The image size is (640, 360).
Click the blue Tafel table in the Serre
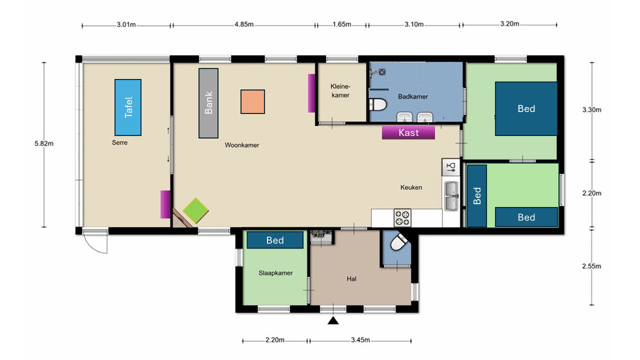[x=128, y=107]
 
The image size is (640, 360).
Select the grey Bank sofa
[x=208, y=103]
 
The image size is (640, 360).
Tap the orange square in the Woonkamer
[x=252, y=101]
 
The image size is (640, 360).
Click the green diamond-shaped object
[x=195, y=210]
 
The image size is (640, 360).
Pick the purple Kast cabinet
[x=408, y=132]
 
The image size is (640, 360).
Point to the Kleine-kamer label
[x=340, y=90]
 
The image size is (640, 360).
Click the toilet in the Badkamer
[x=377, y=104]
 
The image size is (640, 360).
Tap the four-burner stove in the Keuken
[x=402, y=217]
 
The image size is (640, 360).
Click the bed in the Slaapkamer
[x=275, y=240]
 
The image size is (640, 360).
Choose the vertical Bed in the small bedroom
[x=477, y=196]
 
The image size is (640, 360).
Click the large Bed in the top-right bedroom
[x=526, y=108]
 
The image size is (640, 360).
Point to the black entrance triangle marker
[x=333, y=321]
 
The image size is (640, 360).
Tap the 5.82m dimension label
[x=44, y=143]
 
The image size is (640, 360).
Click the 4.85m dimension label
[x=244, y=24]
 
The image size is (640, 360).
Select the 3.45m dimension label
[x=360, y=339]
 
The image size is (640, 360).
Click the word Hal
[x=351, y=279]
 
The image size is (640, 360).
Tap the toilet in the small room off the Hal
[x=398, y=242]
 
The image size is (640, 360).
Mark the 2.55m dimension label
[x=591, y=266]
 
